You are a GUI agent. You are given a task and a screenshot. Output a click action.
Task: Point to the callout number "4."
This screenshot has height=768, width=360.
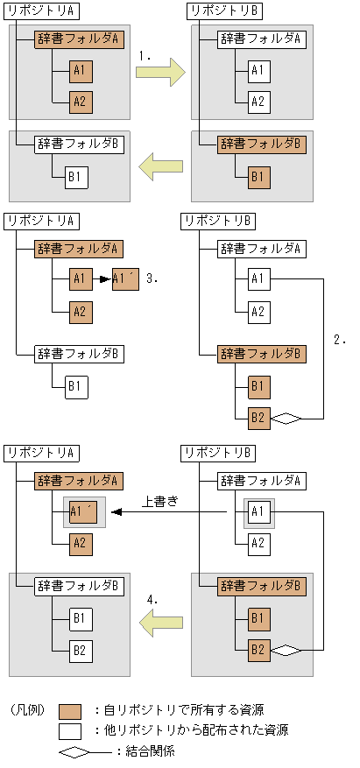click(152, 600)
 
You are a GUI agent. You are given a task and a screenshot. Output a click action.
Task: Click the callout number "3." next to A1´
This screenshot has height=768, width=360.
click(152, 278)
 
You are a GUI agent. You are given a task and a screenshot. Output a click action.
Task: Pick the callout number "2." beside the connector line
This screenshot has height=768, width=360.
click(340, 335)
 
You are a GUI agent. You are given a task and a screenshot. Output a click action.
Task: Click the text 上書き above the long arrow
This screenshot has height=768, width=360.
click(160, 502)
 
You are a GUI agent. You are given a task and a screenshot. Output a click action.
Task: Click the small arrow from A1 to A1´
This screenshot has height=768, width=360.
click(102, 279)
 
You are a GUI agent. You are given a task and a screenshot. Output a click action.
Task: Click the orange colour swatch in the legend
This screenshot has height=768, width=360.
click(70, 710)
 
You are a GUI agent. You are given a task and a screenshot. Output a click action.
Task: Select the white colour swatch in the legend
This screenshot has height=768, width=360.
click(70, 729)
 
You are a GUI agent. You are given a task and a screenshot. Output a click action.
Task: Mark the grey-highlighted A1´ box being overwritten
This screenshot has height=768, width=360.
click(81, 512)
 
